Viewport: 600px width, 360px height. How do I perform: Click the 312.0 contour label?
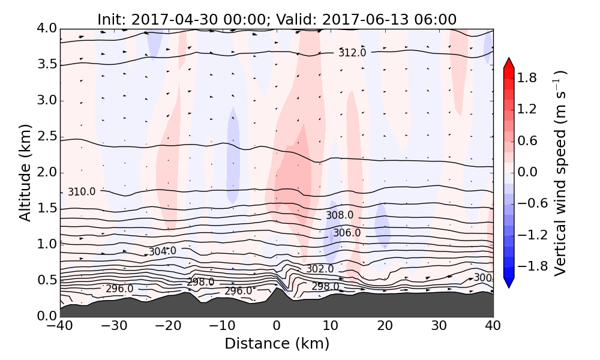pyautogui.click(x=352, y=53)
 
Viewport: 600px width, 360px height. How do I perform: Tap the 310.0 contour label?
pyautogui.click(x=81, y=192)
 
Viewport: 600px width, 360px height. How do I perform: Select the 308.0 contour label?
pyautogui.click(x=340, y=215)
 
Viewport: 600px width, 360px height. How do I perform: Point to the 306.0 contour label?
pyautogui.click(x=347, y=233)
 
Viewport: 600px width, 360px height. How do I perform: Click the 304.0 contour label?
pyautogui.click(x=163, y=251)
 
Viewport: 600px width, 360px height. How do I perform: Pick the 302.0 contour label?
pyautogui.click(x=320, y=269)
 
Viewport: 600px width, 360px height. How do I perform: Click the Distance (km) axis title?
pyautogui.click(x=277, y=344)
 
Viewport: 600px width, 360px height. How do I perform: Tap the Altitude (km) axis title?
pyautogui.click(x=25, y=173)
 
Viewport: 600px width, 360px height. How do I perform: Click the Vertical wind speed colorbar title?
pyautogui.click(x=560, y=173)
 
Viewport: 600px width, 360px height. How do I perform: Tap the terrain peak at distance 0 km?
pyautogui.click(x=276, y=289)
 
